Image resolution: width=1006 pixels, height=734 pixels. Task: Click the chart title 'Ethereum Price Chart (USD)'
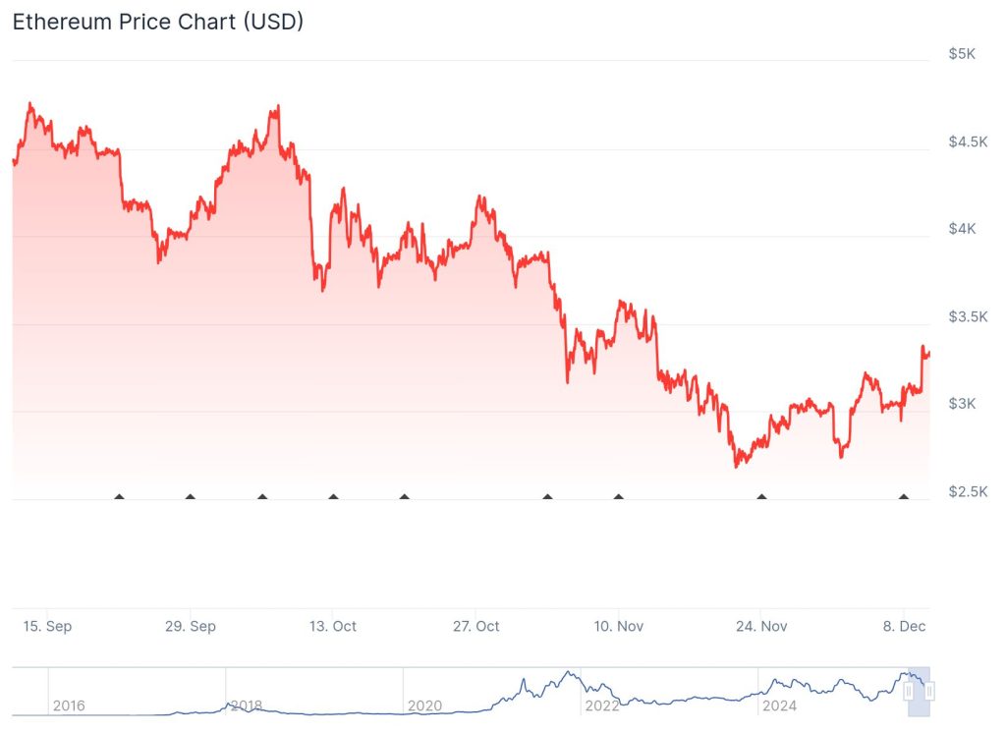click(x=157, y=22)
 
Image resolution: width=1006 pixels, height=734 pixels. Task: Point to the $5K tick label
click(x=962, y=54)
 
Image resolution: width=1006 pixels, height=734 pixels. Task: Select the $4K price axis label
click(x=962, y=229)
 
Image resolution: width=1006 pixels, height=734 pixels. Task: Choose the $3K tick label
click(x=962, y=404)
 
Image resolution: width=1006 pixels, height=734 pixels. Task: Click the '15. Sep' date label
click(x=48, y=626)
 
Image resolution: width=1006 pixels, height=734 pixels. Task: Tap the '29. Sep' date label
click(x=191, y=626)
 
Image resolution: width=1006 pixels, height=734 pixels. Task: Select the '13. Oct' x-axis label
click(x=333, y=626)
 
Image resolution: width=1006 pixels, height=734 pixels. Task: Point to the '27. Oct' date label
click(x=475, y=626)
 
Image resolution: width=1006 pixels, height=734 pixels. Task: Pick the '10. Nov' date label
click(x=618, y=626)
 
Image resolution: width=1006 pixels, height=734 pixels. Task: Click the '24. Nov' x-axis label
click(x=761, y=626)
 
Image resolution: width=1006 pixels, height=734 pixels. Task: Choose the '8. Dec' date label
click(x=904, y=626)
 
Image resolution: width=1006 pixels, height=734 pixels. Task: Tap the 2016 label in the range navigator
click(x=68, y=706)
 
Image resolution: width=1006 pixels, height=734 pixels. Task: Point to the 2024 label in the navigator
click(x=779, y=706)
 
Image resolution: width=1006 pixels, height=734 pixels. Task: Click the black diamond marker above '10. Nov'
click(x=618, y=497)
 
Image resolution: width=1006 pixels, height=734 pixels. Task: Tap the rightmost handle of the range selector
click(x=929, y=692)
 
